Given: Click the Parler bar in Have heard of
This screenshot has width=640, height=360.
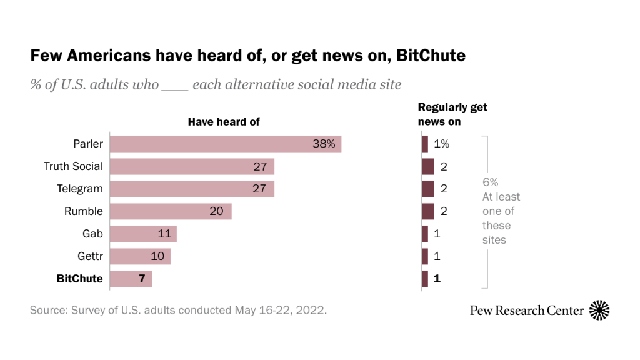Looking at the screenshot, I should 226,144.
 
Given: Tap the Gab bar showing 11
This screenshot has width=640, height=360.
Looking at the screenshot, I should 143,234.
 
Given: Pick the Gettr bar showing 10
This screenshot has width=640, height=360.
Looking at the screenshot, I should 140,256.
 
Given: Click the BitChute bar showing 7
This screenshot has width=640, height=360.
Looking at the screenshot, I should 131,279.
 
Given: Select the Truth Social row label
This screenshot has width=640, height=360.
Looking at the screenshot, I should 73,166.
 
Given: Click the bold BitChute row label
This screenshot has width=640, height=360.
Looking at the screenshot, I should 79,279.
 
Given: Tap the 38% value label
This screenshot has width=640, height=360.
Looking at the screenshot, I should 324,144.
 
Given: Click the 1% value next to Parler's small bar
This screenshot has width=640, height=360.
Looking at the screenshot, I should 441,144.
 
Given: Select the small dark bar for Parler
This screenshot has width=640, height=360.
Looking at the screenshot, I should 425,144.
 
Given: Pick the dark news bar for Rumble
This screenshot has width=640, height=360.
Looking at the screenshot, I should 427,211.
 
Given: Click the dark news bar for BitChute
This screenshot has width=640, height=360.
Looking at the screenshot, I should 425,279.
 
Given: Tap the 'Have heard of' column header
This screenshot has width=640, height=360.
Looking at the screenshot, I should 224,122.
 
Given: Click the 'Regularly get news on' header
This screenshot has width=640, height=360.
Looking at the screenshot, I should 452,114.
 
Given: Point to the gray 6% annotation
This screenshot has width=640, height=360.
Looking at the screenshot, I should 491,182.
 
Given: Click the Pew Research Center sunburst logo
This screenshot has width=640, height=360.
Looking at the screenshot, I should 599,310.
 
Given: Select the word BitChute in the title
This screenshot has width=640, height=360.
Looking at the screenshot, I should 431,56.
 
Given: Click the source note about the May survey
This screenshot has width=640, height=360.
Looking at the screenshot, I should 178,310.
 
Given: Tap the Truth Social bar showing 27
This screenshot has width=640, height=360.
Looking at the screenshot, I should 192,166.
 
